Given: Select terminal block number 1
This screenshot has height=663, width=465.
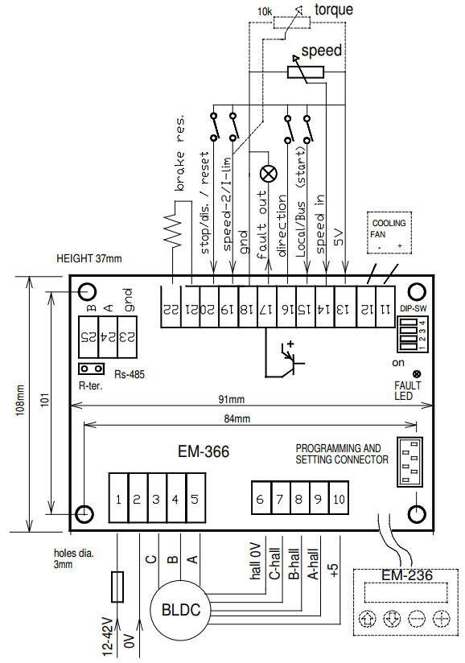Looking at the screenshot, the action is [x=118, y=499].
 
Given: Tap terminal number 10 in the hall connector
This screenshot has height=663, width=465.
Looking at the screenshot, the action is [x=339, y=498].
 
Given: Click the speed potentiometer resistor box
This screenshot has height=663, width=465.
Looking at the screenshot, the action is [x=306, y=72].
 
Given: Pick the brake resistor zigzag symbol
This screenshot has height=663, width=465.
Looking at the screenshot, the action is [x=172, y=229].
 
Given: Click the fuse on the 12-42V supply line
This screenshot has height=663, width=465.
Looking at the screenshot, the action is [x=117, y=587].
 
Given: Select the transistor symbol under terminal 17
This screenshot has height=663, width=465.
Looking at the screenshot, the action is [x=292, y=360].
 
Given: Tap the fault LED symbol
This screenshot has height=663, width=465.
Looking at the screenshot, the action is [x=417, y=374].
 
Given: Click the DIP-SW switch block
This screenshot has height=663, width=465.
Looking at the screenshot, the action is [x=413, y=334].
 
